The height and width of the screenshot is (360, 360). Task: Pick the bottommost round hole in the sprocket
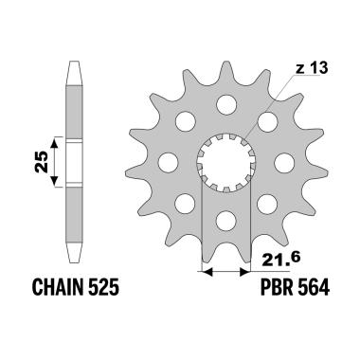226,221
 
